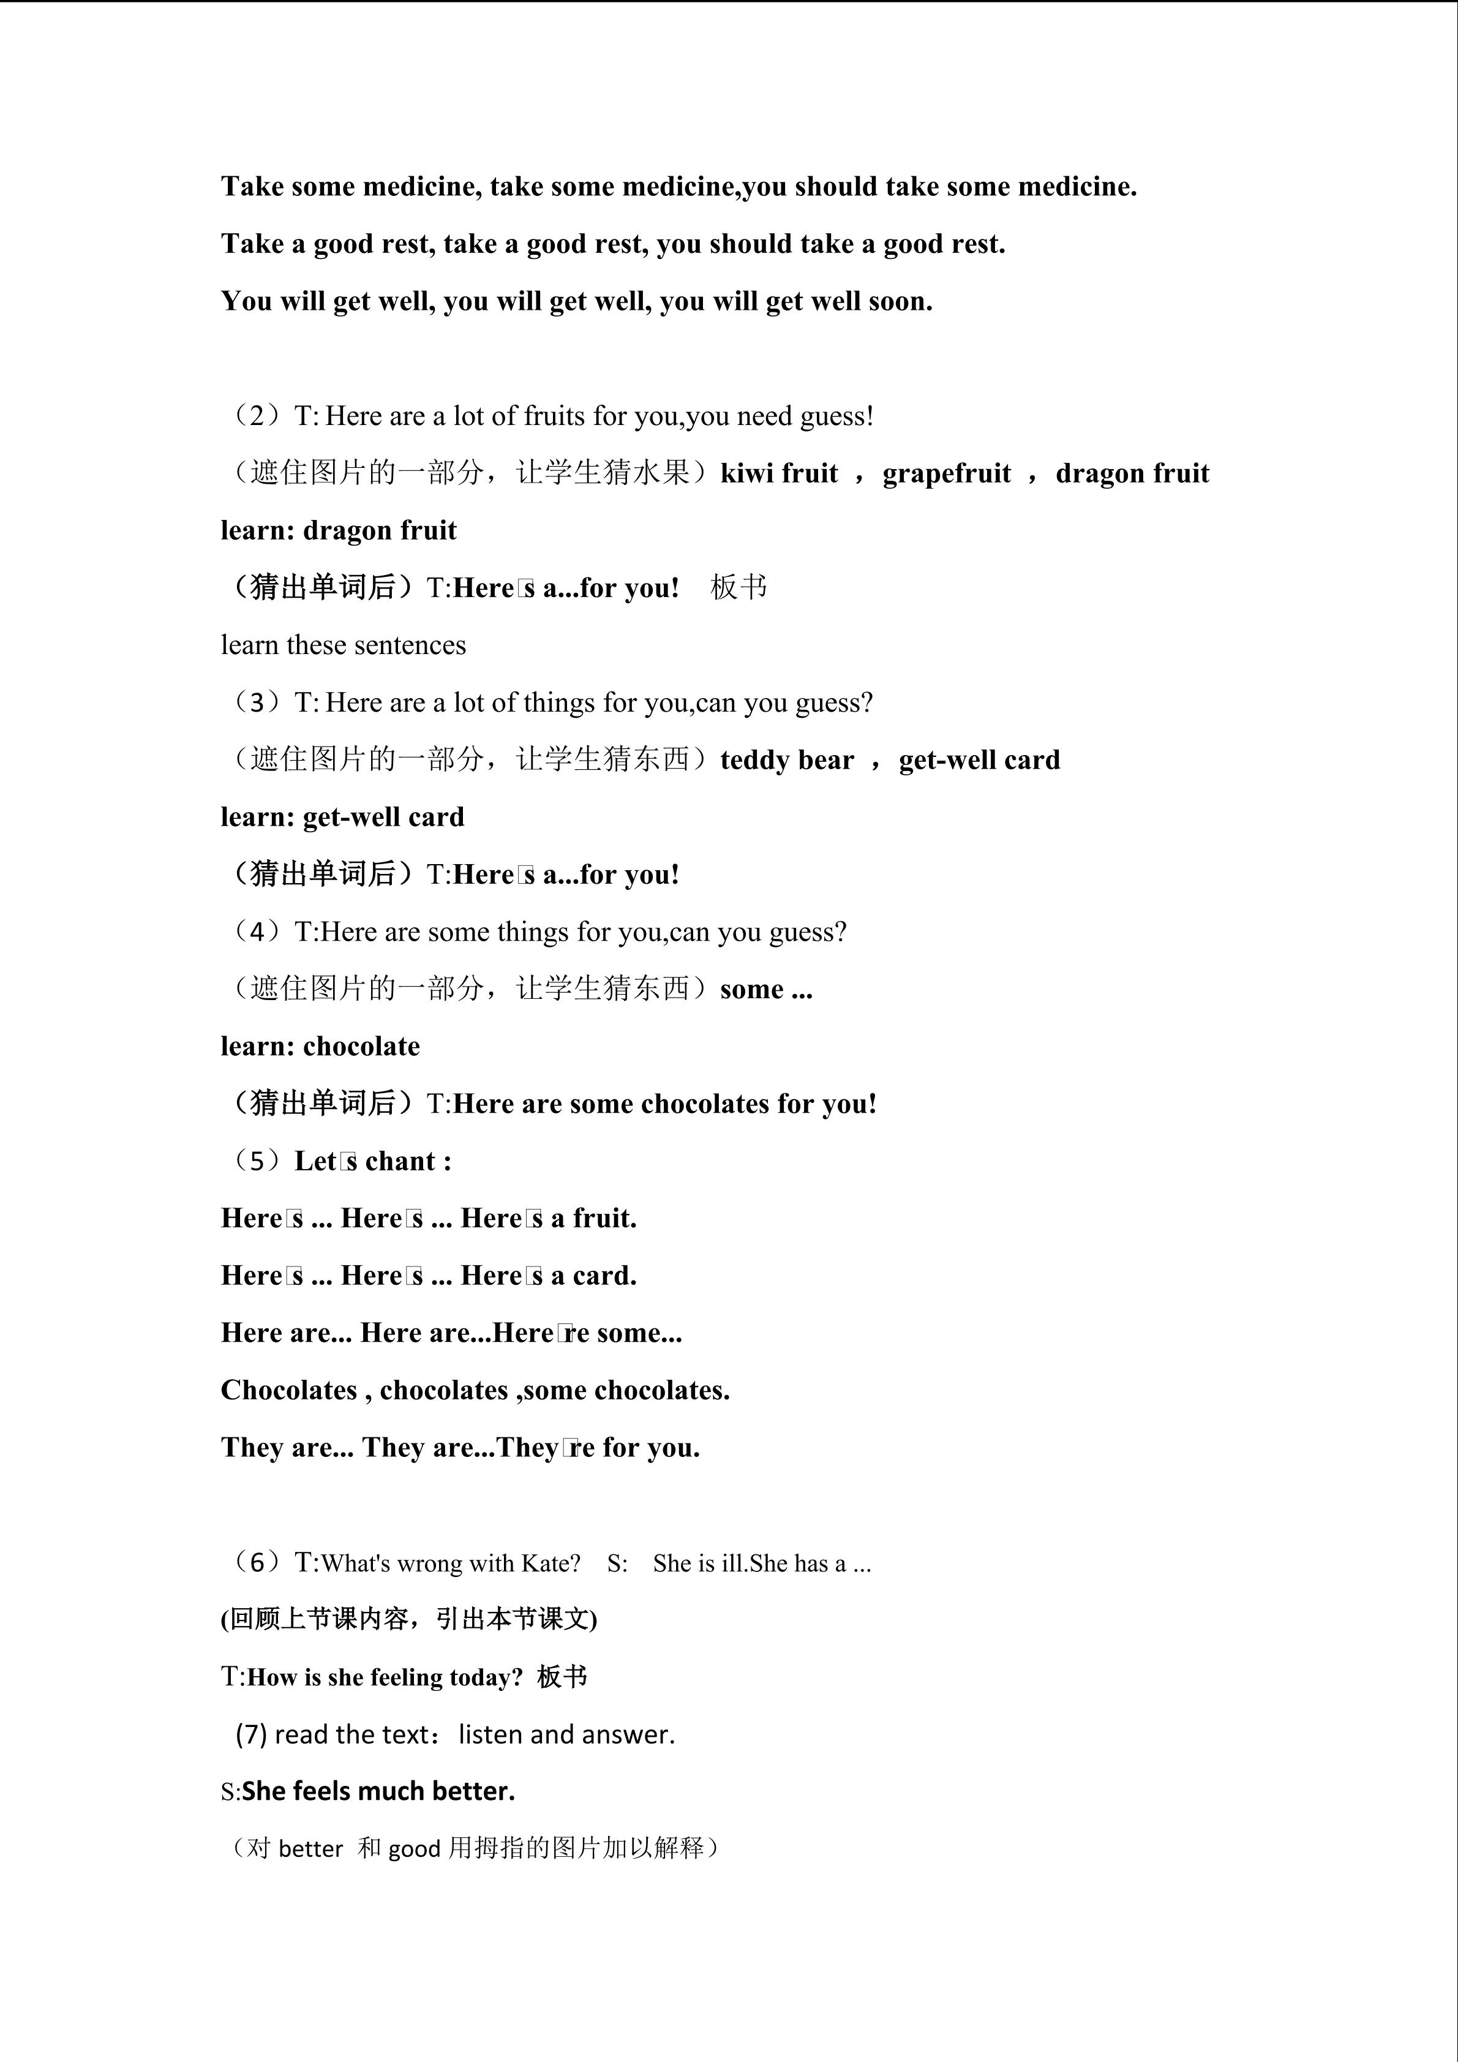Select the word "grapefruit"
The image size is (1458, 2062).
pyautogui.click(x=946, y=473)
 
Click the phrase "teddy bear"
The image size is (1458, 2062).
pyautogui.click(x=786, y=761)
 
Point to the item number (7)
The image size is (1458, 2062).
pyautogui.click(x=252, y=1734)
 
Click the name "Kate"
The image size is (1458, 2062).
pyautogui.click(x=551, y=1563)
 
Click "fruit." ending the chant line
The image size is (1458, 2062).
pyautogui.click(x=604, y=1219)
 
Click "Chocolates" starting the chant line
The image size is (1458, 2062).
pyautogui.click(x=289, y=1390)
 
